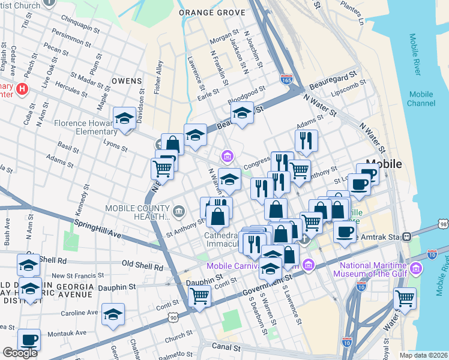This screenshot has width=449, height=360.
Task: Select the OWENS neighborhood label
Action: click(x=126, y=80)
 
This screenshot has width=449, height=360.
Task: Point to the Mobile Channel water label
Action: click(x=421, y=99)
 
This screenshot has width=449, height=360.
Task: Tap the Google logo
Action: click(x=20, y=353)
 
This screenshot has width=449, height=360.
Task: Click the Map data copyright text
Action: click(x=423, y=355)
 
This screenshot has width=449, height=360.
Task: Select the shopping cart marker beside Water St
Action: click(x=405, y=298)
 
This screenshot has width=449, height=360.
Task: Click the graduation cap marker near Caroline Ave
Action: click(x=113, y=314)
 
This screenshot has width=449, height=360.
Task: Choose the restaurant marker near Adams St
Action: click(x=306, y=140)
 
